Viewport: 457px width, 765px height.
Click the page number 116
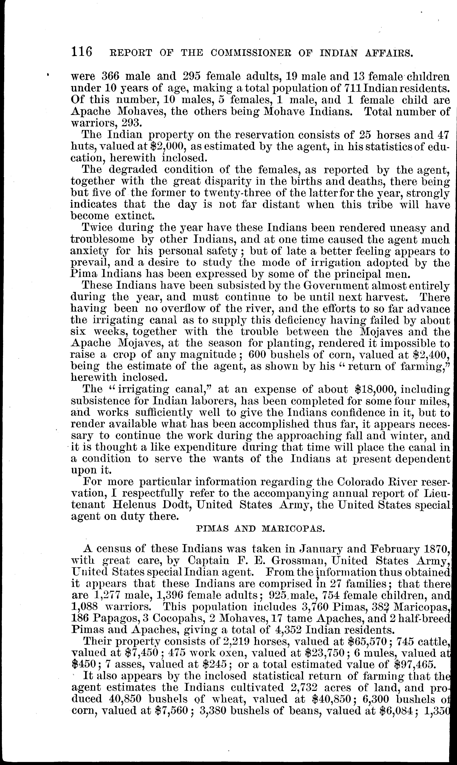[x=82, y=51]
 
